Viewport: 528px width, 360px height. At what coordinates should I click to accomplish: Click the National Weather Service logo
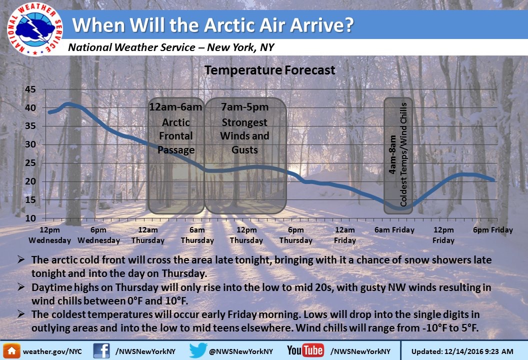34,29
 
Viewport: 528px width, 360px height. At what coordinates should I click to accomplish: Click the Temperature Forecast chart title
269,70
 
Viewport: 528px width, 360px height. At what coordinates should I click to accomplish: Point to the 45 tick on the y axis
30,89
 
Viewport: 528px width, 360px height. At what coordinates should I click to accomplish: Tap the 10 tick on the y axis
30,218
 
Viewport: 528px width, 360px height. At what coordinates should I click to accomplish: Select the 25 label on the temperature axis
30,163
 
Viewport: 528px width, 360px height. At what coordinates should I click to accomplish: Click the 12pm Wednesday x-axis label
49,235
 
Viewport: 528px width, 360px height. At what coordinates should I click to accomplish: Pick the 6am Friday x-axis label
394,230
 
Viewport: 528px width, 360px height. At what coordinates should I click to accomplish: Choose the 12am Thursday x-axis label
148,235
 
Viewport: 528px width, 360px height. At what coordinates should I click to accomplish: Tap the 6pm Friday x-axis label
492,230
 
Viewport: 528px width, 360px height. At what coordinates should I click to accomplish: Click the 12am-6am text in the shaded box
176,107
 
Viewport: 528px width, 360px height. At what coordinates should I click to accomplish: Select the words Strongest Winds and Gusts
244,136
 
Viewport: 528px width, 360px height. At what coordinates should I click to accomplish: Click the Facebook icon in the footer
101,351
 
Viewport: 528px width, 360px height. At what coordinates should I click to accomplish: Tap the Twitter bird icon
197,350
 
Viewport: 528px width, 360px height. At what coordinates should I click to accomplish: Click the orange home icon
11,351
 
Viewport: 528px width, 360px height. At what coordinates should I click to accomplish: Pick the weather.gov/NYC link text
52,351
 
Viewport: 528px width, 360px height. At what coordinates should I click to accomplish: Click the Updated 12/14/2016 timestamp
462,351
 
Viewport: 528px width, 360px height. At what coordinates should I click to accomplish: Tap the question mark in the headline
348,24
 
